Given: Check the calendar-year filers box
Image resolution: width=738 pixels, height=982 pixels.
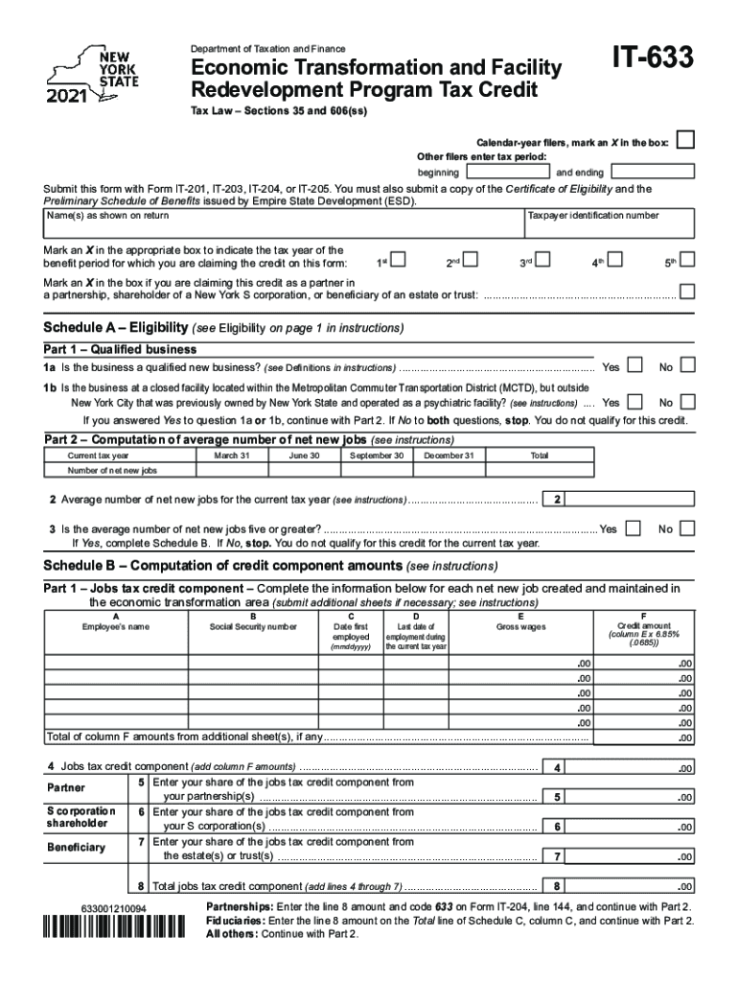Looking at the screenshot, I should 685,141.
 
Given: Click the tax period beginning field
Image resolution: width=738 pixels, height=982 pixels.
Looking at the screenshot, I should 505,173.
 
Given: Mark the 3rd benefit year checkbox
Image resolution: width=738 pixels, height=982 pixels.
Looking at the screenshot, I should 543,260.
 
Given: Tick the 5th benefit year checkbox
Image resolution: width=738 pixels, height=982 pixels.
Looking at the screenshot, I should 687,260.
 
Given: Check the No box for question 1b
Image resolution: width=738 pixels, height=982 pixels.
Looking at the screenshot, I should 687,402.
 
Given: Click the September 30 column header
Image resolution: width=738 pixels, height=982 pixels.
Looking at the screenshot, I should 377,456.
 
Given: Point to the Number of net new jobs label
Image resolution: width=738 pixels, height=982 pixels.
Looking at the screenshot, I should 112,472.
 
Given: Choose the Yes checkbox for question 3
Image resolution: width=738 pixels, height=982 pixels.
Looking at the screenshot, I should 634,528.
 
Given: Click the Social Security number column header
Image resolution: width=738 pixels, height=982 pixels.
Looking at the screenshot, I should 253,627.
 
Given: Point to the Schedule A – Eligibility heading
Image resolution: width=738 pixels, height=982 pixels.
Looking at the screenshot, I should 115,328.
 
